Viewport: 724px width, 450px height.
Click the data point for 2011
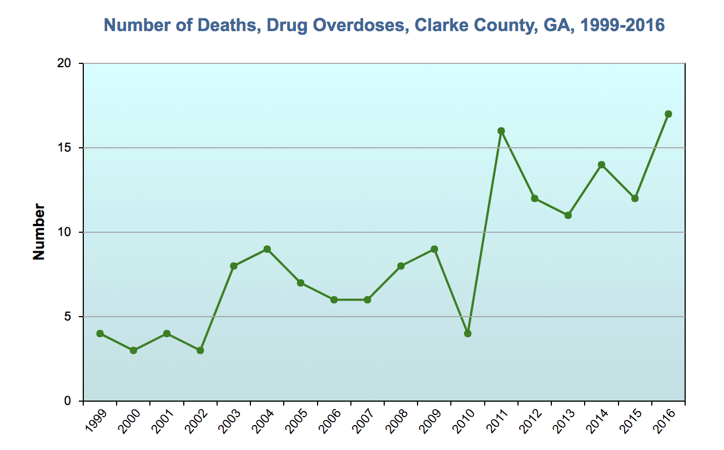click(501, 131)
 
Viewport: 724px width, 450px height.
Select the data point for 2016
click(668, 114)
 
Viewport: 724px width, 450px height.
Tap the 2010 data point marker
click(467, 333)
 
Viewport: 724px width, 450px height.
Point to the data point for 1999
click(100, 333)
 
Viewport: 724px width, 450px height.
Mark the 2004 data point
click(267, 249)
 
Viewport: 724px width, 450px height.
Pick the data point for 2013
click(568, 215)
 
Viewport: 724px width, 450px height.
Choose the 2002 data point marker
click(200, 350)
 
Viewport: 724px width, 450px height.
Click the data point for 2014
click(601, 164)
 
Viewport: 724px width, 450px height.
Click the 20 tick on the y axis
click(65, 64)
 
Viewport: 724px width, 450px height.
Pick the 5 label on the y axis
click(69, 317)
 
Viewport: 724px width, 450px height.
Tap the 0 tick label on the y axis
click(69, 401)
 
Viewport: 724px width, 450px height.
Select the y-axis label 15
click(65, 148)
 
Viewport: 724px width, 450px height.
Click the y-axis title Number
click(39, 232)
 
